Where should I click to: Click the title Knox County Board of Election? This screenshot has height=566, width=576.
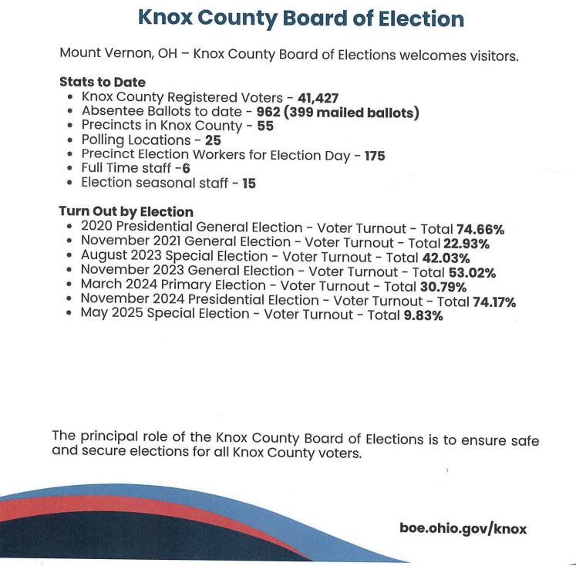coord(300,19)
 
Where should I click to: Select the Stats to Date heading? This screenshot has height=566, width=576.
coord(102,83)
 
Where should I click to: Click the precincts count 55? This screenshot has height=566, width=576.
coord(265,126)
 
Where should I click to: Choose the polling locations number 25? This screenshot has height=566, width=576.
coord(211,140)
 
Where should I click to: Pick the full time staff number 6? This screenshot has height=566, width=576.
coord(186,169)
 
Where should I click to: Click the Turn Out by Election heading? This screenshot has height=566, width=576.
coord(126,212)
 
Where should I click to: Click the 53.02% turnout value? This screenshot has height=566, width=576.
coord(471,272)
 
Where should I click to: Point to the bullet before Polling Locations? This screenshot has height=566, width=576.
coord(71,141)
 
